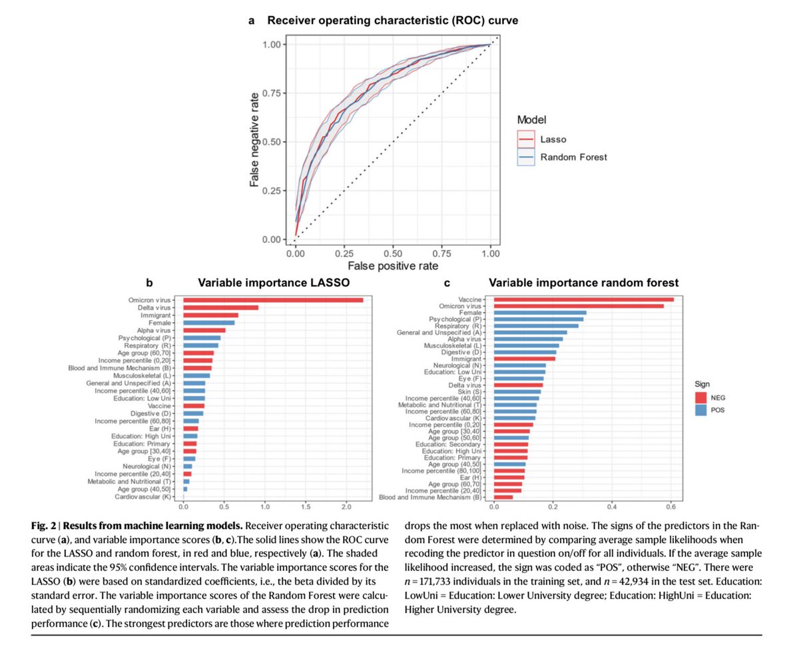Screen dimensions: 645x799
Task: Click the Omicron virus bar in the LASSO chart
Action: [273, 300]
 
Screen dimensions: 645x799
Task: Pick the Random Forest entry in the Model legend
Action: [563, 157]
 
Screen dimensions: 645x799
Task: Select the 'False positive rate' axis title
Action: [394, 266]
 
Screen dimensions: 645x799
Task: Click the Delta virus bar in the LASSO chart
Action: [220, 308]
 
